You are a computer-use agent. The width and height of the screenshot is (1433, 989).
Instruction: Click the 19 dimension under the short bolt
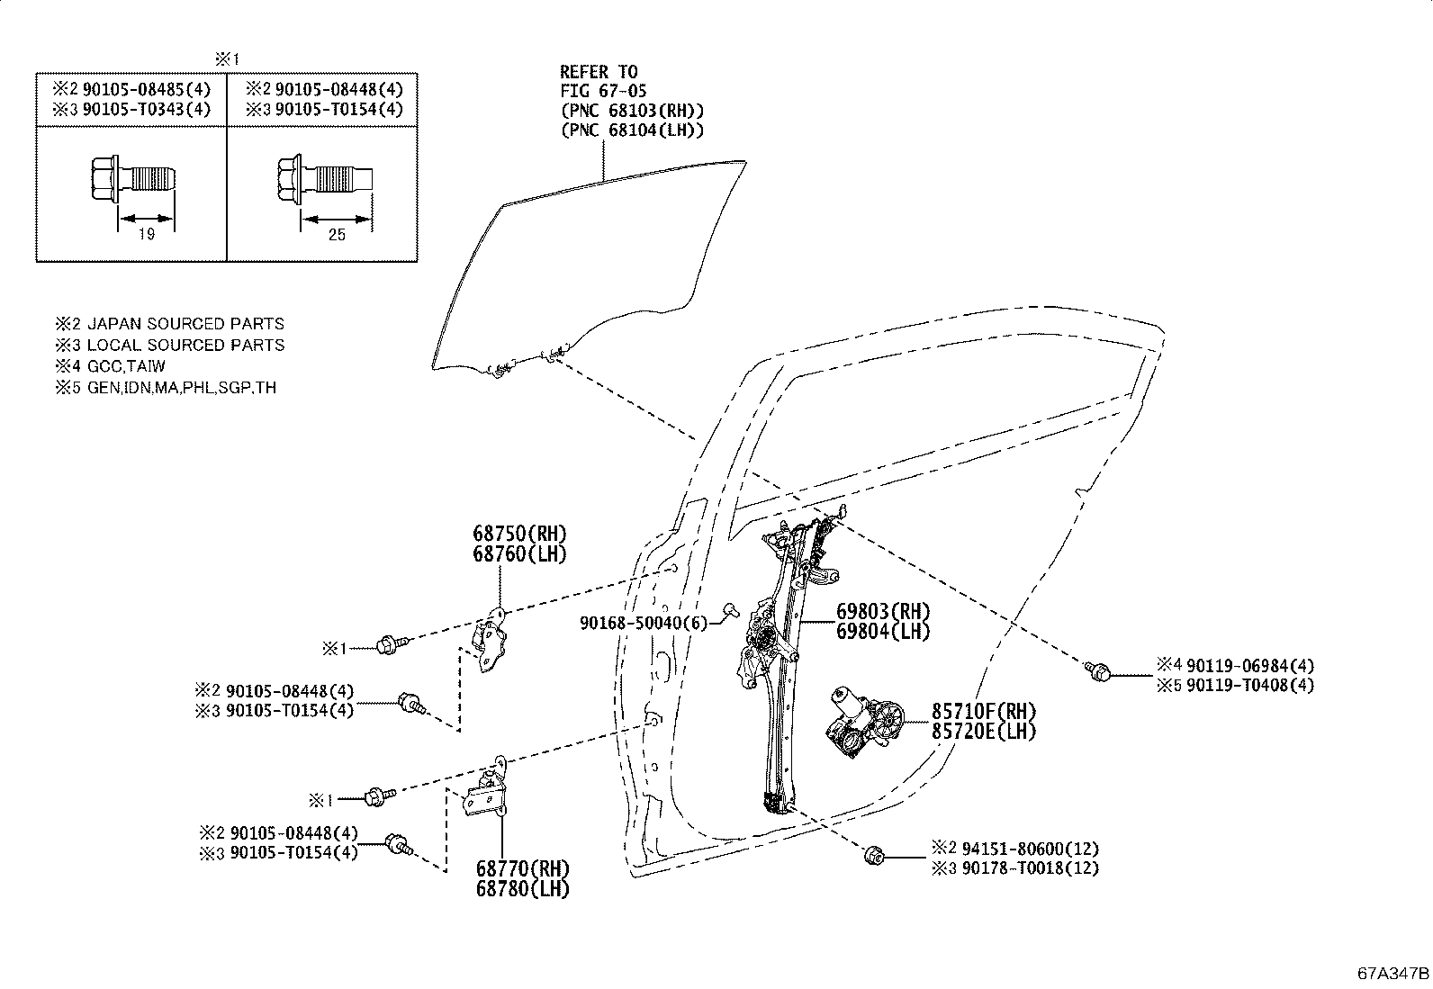click(147, 235)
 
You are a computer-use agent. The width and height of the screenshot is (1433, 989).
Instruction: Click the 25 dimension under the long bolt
click(337, 235)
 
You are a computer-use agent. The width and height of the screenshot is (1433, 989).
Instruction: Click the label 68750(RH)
click(520, 534)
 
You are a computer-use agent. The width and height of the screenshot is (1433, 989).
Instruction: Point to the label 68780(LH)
click(523, 888)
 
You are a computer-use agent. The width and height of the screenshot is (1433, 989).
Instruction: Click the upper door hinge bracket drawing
click(491, 640)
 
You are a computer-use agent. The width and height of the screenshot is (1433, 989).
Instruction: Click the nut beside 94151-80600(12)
click(871, 856)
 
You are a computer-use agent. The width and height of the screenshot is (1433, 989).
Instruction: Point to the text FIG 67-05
click(602, 91)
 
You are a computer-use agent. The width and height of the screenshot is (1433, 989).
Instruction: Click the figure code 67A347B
click(1393, 974)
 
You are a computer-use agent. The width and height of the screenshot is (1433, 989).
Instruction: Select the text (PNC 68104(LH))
click(632, 130)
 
